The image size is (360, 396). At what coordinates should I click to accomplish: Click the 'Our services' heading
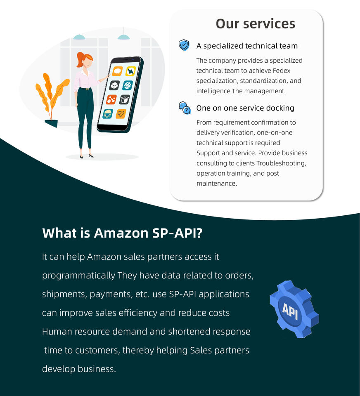pyautogui.click(x=255, y=24)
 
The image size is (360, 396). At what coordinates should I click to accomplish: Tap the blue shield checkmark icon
pyautogui.click(x=184, y=45)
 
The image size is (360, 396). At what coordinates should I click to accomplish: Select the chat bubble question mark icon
pyautogui.click(x=185, y=108)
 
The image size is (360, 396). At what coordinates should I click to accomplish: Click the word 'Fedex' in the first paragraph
pyautogui.click(x=282, y=71)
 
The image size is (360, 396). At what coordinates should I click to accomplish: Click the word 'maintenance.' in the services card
pyautogui.click(x=217, y=184)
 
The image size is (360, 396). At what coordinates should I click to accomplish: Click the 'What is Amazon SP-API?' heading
pyautogui.click(x=122, y=233)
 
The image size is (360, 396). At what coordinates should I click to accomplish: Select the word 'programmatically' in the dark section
pyautogui.click(x=78, y=276)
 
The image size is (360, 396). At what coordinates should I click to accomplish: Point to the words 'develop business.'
pyautogui.click(x=79, y=369)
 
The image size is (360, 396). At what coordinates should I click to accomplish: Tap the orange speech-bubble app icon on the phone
pyautogui.click(x=118, y=71)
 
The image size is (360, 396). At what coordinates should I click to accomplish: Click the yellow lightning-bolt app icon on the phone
pyautogui.click(x=131, y=71)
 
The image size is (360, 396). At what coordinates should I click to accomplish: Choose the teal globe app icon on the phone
pyautogui.click(x=128, y=85)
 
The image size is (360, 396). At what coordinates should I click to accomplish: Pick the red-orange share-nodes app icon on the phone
pyautogui.click(x=111, y=99)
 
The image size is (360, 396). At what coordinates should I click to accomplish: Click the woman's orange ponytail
pyautogui.click(x=80, y=60)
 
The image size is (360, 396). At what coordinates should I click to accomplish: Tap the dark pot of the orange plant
pyautogui.click(x=51, y=123)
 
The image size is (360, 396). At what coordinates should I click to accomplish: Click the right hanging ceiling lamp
pyautogui.click(x=123, y=37)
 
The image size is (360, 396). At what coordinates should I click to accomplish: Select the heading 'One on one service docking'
pyautogui.click(x=245, y=108)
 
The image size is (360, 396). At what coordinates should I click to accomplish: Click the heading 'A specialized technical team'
pyautogui.click(x=247, y=46)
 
